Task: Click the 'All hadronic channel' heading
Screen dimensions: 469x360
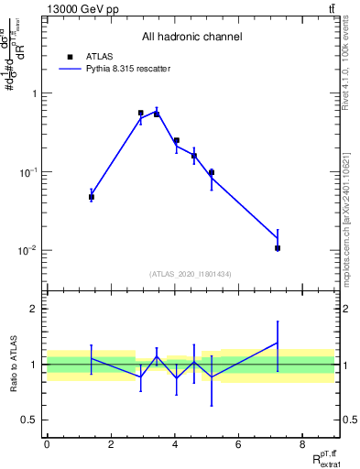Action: coord(192,38)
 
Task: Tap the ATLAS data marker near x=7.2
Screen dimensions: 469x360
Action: coord(277,248)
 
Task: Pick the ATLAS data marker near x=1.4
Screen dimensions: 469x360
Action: coord(92,197)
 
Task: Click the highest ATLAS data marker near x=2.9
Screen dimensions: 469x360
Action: coord(140,113)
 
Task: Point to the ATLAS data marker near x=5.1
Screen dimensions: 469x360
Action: coord(212,172)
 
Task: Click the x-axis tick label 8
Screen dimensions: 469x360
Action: coord(302,445)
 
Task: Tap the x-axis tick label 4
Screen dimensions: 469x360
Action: coord(174,445)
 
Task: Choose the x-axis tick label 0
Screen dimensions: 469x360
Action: coord(47,445)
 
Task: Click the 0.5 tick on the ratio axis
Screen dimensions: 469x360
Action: coord(33,420)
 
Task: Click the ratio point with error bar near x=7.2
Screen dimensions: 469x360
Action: coord(277,343)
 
